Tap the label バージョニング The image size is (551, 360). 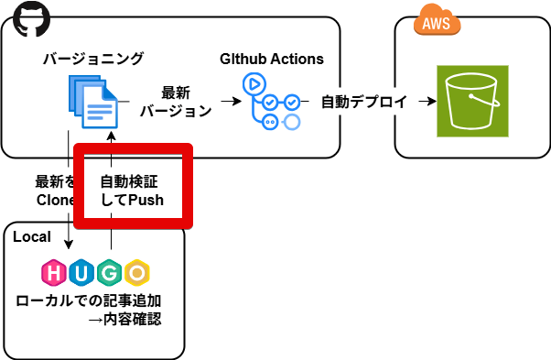(x=93, y=60)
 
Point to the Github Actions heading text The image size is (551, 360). (x=272, y=60)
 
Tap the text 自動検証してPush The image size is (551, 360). (x=132, y=191)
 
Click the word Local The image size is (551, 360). (x=32, y=236)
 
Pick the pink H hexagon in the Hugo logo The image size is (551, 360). (x=55, y=272)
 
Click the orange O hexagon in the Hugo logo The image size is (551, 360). (x=137, y=272)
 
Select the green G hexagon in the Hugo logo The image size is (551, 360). (x=110, y=272)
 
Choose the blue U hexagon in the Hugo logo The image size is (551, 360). (x=82, y=272)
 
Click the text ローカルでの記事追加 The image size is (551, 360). (x=95, y=300)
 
